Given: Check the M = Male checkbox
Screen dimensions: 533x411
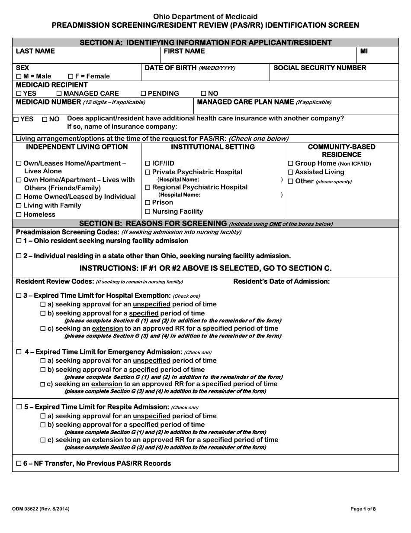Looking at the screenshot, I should (x=19, y=76).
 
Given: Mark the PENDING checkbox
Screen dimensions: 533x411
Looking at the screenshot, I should (x=143, y=94).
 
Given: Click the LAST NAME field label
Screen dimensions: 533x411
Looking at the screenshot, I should (x=35, y=51).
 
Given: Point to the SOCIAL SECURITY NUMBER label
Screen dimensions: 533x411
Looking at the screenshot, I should (x=320, y=68).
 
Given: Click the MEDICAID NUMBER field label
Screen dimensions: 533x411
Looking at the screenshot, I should (x=48, y=102).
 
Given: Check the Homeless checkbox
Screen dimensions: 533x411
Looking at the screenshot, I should (x=19, y=214).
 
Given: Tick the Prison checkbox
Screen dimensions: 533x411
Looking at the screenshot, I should (x=148, y=202).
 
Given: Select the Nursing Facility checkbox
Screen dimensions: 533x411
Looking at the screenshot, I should (x=148, y=211).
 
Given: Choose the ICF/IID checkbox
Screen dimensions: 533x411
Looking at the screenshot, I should (x=148, y=163).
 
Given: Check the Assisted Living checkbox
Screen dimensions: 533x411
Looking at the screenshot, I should (x=291, y=172).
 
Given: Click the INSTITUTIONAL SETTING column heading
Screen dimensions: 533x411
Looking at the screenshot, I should (x=213, y=147).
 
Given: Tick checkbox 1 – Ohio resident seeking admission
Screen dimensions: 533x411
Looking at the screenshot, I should (x=19, y=240).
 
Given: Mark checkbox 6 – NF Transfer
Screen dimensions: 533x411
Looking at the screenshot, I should (x=19, y=464).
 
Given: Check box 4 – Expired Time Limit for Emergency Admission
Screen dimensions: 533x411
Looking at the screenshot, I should (x=19, y=352).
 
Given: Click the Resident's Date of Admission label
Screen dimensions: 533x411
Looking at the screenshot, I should (x=281, y=282).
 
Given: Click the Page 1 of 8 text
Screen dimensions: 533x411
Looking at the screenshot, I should (x=363, y=509).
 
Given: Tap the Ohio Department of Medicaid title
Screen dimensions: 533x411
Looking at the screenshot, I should (x=205, y=17).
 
